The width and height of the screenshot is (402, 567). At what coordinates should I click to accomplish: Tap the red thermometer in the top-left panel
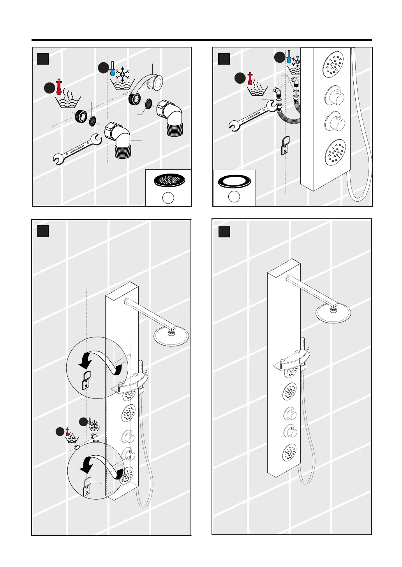59,87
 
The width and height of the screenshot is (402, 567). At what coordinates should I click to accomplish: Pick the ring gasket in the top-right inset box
234,182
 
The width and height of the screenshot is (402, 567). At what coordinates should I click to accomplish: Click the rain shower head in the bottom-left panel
171,335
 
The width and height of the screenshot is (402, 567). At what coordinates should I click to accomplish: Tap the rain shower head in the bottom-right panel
333,312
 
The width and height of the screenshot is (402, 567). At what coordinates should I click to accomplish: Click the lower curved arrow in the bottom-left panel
103,466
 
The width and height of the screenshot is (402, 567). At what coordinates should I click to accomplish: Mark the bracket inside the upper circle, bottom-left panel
86,380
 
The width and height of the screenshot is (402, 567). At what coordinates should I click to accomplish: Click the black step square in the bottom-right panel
224,232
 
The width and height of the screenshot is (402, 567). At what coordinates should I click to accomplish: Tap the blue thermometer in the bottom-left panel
90,421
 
